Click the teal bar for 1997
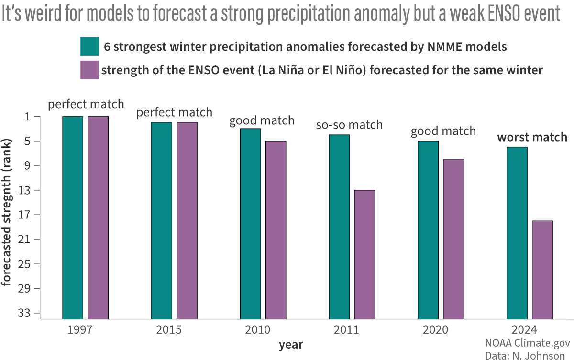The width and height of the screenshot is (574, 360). click(73, 218)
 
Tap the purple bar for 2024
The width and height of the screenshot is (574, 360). click(542, 270)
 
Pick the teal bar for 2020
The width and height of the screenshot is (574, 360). click(428, 229)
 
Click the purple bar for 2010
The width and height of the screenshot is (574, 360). click(276, 229)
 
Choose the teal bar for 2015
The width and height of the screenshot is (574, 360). click(162, 220)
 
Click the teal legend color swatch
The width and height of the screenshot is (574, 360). click(89, 47)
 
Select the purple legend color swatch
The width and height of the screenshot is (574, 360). click(89, 70)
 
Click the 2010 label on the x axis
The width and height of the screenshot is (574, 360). click(257, 330)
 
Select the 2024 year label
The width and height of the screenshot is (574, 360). click(524, 330)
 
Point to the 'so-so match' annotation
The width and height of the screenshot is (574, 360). click(349, 125)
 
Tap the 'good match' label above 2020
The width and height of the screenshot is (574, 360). click(443, 131)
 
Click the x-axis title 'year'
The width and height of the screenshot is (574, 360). click(291, 344)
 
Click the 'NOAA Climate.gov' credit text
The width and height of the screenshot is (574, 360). click(525, 343)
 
